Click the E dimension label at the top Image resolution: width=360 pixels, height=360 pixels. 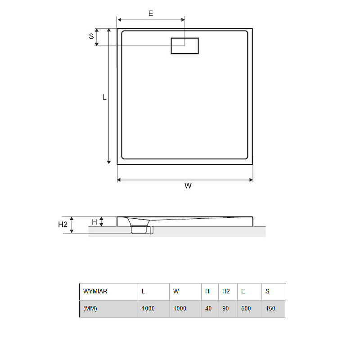(x=151, y=13)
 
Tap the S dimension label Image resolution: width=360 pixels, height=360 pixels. (x=91, y=36)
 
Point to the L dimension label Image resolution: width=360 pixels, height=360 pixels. (x=104, y=97)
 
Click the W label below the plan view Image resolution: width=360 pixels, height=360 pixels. (x=188, y=185)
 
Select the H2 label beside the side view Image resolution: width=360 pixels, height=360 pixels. (x=63, y=224)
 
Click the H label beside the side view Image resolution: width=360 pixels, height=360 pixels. (x=94, y=222)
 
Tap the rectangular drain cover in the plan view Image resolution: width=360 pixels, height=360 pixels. (x=184, y=46)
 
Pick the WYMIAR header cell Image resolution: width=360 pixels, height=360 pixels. (x=95, y=291)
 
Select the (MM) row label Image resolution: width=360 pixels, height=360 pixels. (x=90, y=308)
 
